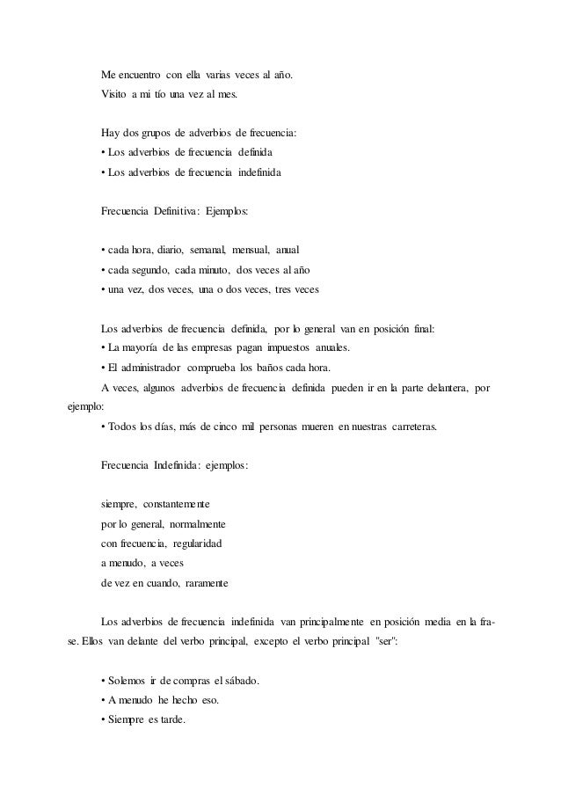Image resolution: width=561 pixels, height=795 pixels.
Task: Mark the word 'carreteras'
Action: (x=416, y=427)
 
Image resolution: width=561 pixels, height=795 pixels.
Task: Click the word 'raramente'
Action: (x=206, y=582)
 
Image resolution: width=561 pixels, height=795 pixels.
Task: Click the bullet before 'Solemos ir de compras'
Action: (x=104, y=682)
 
